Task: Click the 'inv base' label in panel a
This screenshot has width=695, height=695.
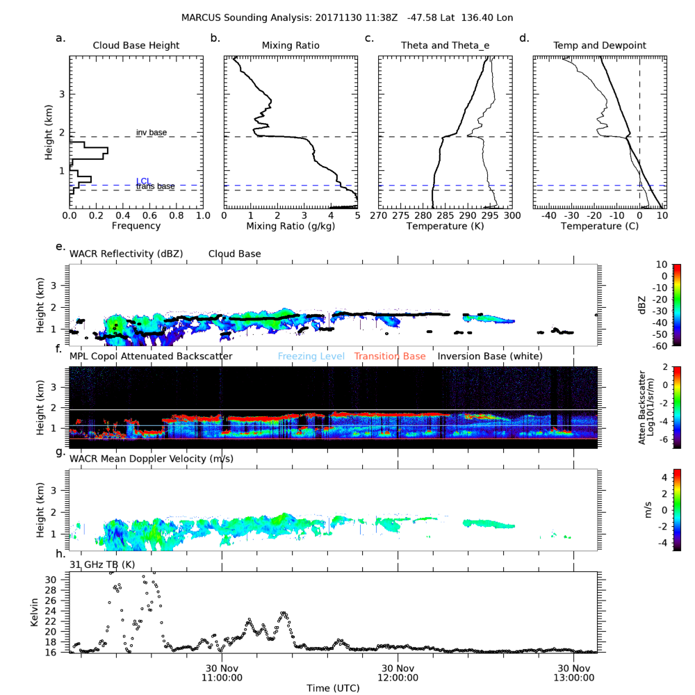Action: click(151, 132)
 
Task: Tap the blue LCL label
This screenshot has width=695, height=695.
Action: click(143, 181)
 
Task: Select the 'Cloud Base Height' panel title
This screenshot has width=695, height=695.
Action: click(136, 46)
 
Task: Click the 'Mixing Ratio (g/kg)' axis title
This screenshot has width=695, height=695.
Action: click(291, 226)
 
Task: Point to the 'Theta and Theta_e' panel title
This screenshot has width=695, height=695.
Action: click(445, 46)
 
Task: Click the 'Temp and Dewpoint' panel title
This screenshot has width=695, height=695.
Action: click(599, 46)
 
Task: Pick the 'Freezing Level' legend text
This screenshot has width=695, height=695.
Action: click(311, 357)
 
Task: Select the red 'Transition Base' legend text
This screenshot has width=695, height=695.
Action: click(389, 357)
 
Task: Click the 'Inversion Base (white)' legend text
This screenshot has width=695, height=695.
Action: click(490, 357)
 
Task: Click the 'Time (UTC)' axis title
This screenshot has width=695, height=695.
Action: click(333, 687)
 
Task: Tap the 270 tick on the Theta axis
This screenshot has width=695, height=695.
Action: click(379, 216)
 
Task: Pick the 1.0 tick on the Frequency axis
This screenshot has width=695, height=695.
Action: click(203, 216)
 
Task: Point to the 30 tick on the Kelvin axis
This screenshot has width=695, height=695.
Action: click(60, 579)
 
